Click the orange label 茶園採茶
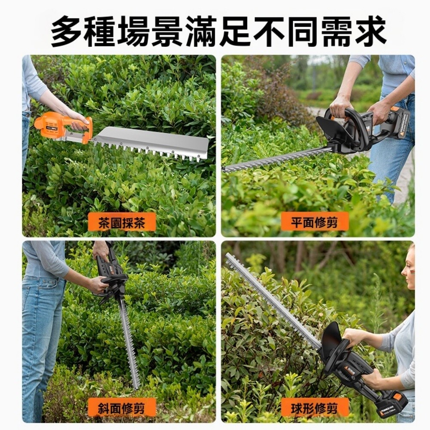click(122, 222)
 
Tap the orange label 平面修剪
click(314, 221)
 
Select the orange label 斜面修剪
click(122, 408)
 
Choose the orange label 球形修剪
click(314, 408)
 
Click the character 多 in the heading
click(66, 31)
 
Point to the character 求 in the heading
click(371, 31)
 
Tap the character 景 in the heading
click(168, 31)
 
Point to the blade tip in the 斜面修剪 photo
click(136, 386)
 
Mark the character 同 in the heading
click(303, 31)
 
